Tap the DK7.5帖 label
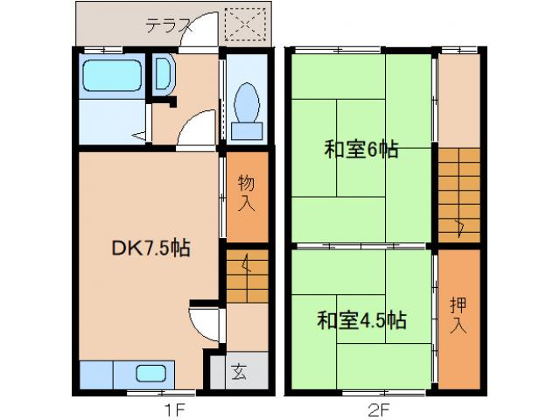click(x=150, y=248)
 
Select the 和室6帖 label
click(x=361, y=150)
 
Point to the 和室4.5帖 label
click(x=360, y=319)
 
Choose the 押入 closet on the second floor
click(x=458, y=316)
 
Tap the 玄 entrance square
click(x=237, y=370)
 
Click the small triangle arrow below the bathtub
click(x=138, y=136)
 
